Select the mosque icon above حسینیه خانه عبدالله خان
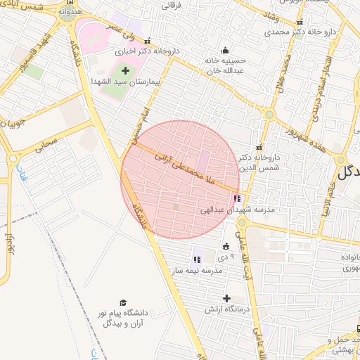point(225,50)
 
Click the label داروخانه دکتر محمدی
point(278,32)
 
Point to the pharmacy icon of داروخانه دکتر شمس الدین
point(259,147)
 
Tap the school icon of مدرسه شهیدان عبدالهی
point(236,199)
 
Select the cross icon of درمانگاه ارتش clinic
point(226,298)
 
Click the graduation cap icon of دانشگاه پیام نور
point(124,302)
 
